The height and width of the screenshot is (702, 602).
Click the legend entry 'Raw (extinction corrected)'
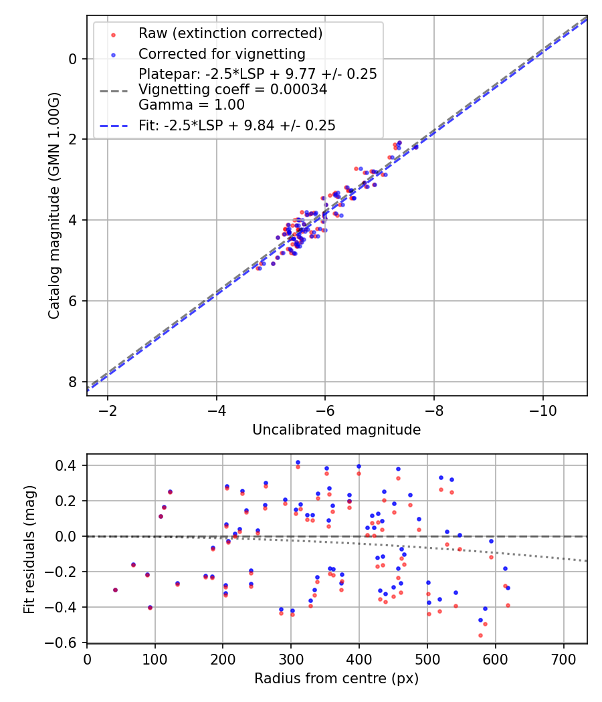tap(230, 33)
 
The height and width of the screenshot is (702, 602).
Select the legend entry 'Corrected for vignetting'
tap(221, 54)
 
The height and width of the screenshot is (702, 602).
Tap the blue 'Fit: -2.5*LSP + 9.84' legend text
tap(237, 125)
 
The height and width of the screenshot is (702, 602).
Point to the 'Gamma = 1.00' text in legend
tap(191, 105)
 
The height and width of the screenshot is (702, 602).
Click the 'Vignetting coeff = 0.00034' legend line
tap(233, 90)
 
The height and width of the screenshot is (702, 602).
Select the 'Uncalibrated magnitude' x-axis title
tap(336, 430)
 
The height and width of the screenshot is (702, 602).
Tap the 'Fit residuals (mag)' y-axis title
tap(29, 550)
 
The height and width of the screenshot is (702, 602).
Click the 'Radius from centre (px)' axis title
tap(336, 678)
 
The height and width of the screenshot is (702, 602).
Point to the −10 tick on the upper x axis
tap(542, 409)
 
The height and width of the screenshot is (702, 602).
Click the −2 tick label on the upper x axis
tap(108, 409)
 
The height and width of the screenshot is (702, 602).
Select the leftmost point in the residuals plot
tap(115, 590)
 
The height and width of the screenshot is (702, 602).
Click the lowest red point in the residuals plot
tap(480, 635)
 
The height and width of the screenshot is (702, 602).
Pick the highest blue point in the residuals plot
tap(298, 462)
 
